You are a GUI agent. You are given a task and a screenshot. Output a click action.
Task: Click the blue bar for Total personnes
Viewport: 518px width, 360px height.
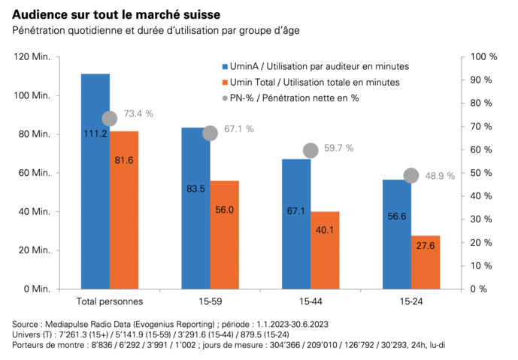(95, 180)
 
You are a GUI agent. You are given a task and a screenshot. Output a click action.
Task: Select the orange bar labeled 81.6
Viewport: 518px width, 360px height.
(124, 210)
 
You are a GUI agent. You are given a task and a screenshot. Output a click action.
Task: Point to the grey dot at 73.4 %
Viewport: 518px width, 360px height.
(110, 118)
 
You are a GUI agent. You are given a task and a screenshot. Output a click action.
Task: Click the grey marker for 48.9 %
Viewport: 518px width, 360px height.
(411, 175)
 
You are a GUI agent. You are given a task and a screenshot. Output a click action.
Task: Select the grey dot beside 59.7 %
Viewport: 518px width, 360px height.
(310, 150)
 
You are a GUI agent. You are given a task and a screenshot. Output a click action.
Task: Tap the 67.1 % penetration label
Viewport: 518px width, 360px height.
(240, 129)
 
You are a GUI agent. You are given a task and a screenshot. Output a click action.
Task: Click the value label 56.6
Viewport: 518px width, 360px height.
(396, 216)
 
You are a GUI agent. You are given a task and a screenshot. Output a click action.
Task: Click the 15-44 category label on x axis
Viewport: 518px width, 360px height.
(310, 302)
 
